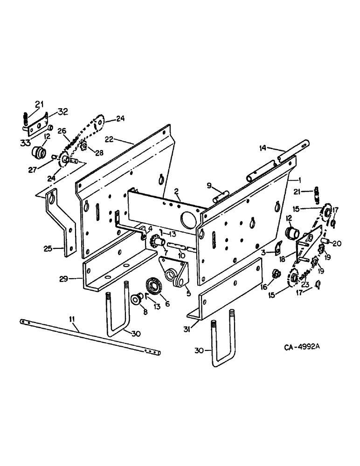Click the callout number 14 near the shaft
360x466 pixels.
(263, 148)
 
